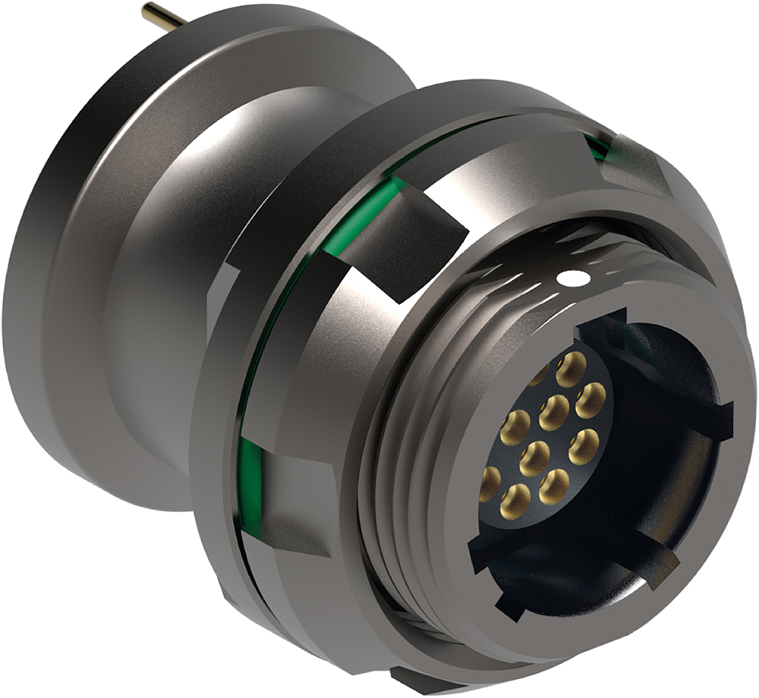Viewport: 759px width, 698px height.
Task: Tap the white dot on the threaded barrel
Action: click(574, 278)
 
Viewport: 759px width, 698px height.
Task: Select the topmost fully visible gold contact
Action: click(572, 369)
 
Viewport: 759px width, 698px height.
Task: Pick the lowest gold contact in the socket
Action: click(515, 501)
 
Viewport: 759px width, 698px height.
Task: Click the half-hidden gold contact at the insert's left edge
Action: click(490, 483)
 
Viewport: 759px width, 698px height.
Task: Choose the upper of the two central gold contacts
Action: click(554, 413)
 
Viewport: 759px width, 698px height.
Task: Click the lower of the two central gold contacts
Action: click(534, 458)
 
